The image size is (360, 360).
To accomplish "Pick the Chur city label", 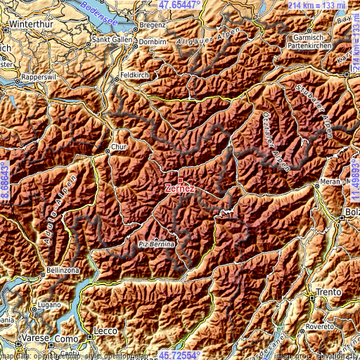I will [117, 148].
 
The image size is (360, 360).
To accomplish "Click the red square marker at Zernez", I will [180, 180].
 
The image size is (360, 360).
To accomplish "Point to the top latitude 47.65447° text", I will [179, 4].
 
